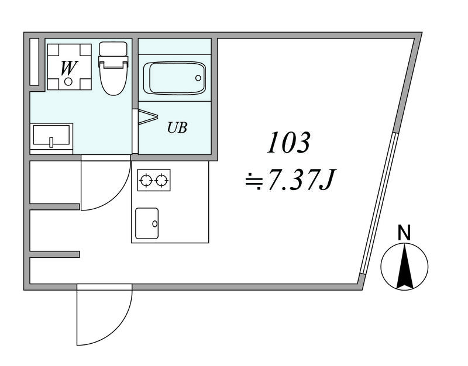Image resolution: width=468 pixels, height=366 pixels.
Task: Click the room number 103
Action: point(288,143)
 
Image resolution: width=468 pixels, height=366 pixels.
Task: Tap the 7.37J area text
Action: point(301,179)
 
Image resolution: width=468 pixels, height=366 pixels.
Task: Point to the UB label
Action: point(177,127)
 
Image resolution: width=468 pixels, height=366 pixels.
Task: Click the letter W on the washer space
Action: point(70,68)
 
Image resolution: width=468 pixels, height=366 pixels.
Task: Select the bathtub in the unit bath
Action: point(174,78)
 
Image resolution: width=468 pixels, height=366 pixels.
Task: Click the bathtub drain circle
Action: point(198,78)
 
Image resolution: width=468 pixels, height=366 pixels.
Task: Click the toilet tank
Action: point(113,49)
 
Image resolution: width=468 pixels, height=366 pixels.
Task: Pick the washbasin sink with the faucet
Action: point(51,136)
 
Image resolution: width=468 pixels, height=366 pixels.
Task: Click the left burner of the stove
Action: point(146,180)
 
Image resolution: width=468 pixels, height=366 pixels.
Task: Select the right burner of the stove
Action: point(161,180)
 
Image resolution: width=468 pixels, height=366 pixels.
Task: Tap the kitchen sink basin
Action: point(147,223)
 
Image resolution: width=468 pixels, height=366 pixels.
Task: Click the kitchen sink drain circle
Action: point(155,223)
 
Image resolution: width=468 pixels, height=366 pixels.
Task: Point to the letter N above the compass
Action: point(404,233)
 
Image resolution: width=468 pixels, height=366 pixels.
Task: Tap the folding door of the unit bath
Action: point(146,116)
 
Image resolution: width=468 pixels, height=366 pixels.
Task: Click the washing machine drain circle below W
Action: point(68,81)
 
